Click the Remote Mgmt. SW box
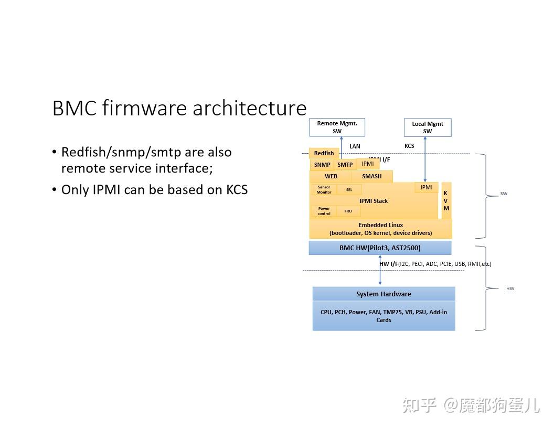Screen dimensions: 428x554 coord(337,127)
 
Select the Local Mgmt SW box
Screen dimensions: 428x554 coord(427,127)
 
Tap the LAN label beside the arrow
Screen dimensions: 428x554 coord(355,146)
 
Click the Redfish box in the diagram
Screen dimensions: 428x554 coord(324,153)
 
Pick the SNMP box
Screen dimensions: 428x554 coord(322,165)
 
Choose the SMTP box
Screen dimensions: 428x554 coord(345,165)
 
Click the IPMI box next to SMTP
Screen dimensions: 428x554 coord(368,164)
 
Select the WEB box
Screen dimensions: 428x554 coord(331,176)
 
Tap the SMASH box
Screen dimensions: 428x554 coord(371,176)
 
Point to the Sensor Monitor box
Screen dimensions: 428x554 coord(324,189)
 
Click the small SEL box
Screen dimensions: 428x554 coord(349,190)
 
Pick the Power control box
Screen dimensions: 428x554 coord(324,211)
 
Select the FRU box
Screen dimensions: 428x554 coord(348,211)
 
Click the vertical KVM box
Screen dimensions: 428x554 coord(446,200)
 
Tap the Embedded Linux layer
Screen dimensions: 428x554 coord(380,229)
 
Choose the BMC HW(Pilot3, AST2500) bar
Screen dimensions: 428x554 coord(379,248)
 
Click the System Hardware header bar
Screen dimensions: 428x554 coord(383,294)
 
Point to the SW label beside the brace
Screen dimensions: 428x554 coord(504,194)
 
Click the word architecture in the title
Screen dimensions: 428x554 coord(249,108)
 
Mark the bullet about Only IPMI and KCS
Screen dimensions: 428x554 coord(154,189)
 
